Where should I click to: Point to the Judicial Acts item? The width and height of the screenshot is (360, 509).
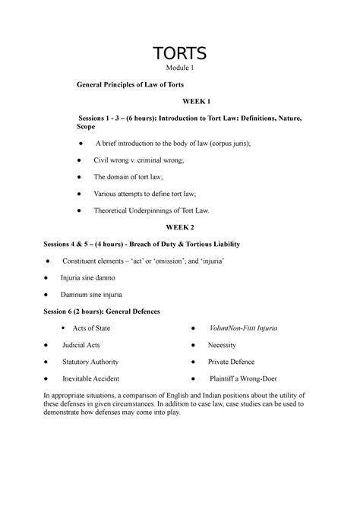(x=83, y=345)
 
